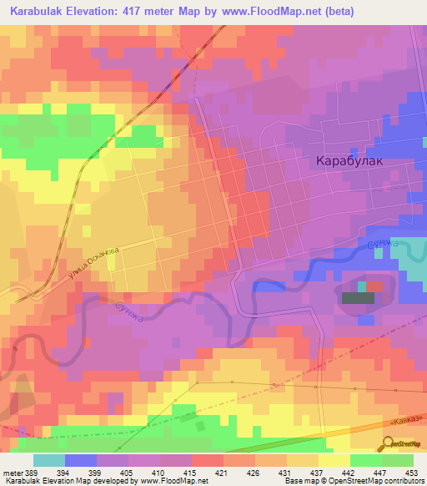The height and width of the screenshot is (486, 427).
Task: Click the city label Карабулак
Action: pos(349,162)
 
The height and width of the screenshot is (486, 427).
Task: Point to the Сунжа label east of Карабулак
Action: pos(383,245)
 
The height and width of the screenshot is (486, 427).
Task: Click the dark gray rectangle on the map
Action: pos(358,297)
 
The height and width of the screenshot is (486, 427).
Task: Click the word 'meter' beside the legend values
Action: pos(12,472)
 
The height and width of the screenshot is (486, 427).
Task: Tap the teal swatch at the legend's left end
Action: pos(49,460)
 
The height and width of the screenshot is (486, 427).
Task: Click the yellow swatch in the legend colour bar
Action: pos(334,460)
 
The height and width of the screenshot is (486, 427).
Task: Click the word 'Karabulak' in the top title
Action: pos(38,12)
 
